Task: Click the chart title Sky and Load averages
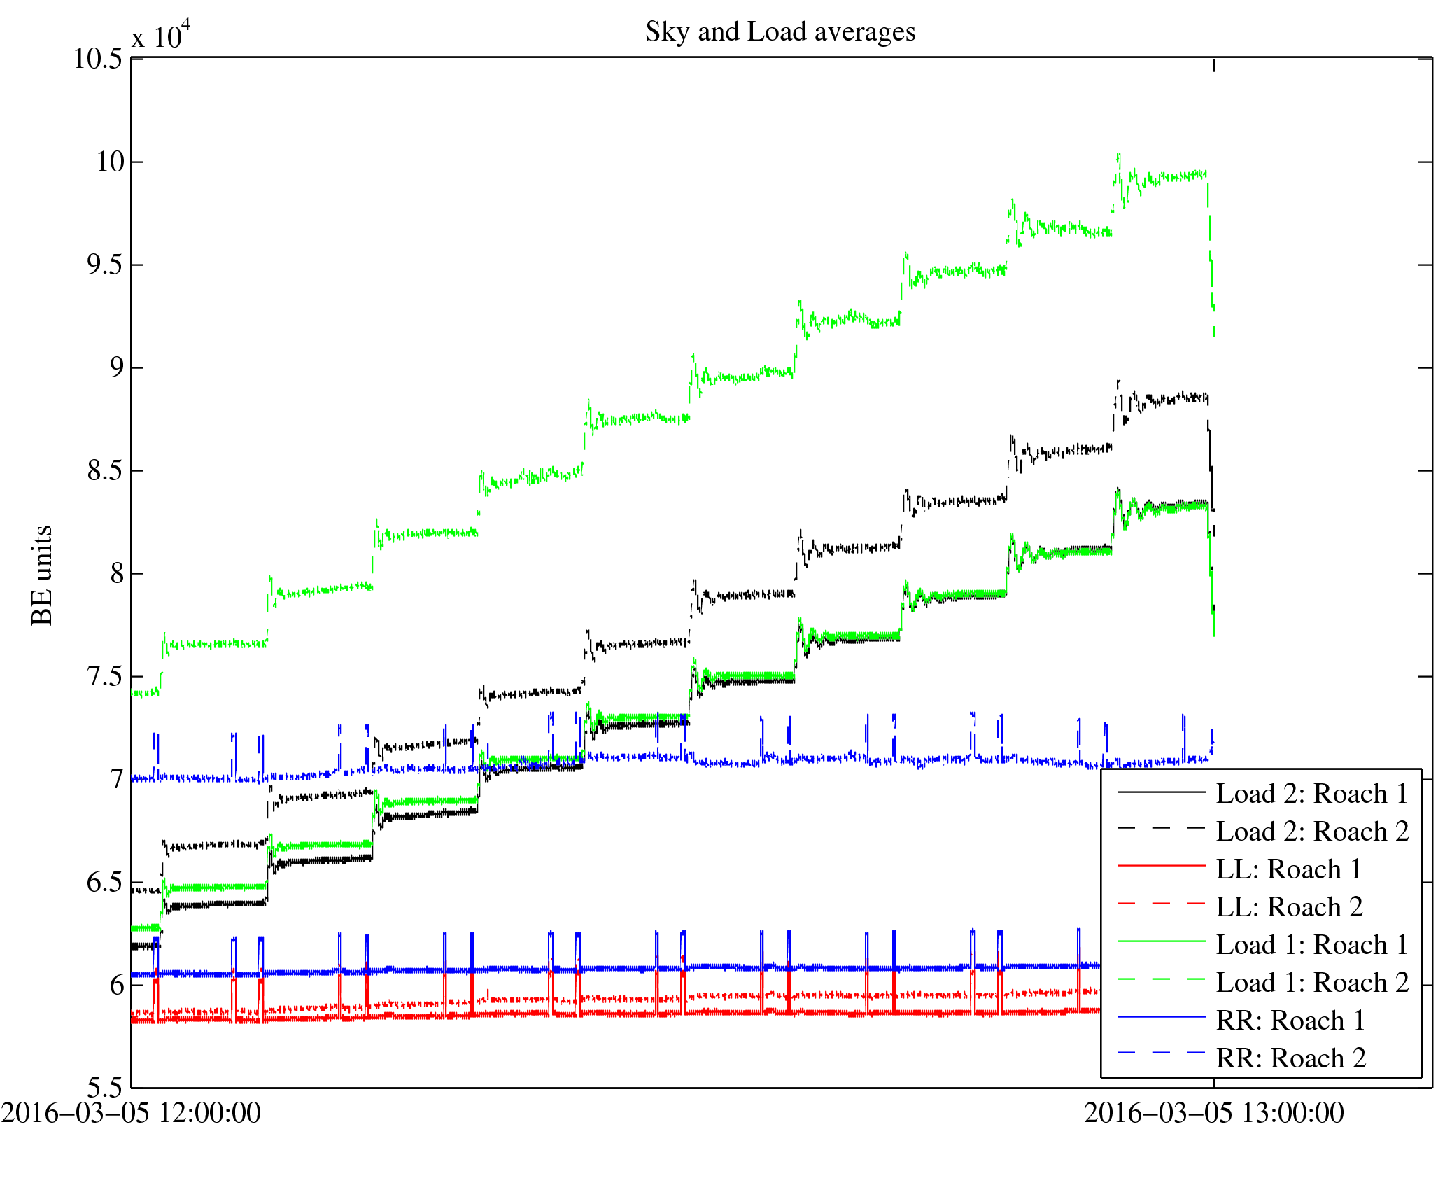pyautogui.click(x=780, y=32)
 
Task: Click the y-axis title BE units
pyautogui.click(x=43, y=575)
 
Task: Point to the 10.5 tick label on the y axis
pyautogui.click(x=98, y=59)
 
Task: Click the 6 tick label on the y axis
pyautogui.click(x=117, y=986)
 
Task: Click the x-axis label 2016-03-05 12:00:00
pyautogui.click(x=131, y=1113)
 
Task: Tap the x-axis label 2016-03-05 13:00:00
pyautogui.click(x=1213, y=1113)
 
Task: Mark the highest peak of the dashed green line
pyautogui.click(x=1118, y=155)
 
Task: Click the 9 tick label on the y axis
pyautogui.click(x=117, y=368)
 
